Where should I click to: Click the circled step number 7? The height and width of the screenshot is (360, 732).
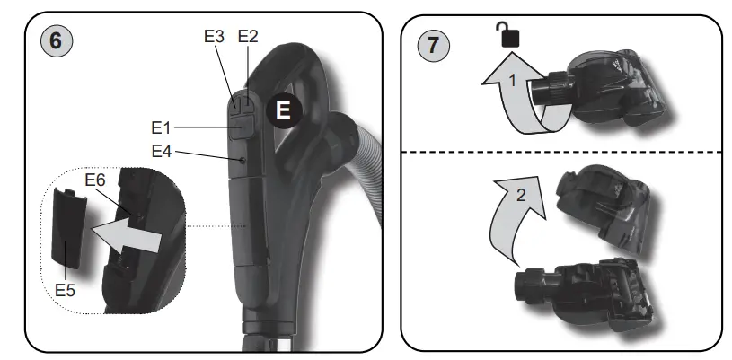click(434, 44)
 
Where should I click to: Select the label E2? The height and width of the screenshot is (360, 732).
click(247, 37)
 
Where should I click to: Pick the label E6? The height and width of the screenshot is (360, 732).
click(95, 180)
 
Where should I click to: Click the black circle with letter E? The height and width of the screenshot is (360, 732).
click(284, 110)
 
